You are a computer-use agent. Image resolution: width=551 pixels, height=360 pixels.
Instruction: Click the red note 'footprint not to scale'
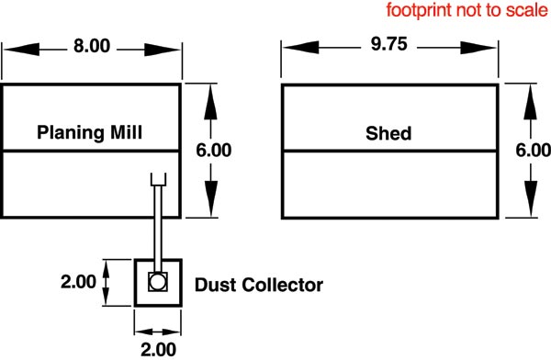pos(467,10)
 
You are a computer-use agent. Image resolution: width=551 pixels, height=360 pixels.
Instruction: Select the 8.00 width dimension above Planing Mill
pos(92,46)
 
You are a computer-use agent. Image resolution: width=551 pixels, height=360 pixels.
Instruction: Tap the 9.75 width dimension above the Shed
pos(389,44)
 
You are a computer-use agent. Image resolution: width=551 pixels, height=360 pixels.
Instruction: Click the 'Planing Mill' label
pos(90,133)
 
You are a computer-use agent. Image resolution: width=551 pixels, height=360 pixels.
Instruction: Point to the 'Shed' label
pos(388,133)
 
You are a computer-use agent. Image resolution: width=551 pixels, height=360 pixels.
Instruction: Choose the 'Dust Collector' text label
pos(259,285)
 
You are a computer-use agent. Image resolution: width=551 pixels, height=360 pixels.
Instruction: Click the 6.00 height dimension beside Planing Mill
pos(214,151)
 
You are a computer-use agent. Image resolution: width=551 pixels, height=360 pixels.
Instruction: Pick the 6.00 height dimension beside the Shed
pos(533,151)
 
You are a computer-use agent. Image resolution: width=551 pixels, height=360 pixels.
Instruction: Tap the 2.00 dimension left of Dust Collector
pos(78,282)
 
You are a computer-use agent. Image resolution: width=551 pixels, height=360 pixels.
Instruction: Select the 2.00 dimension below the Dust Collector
pos(158,350)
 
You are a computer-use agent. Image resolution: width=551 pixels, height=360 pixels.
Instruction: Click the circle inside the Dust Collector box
pos(157,282)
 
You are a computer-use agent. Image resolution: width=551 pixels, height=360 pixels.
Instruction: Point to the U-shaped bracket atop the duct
pos(158,179)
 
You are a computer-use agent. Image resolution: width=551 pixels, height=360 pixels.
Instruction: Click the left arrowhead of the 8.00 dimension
pos(21,50)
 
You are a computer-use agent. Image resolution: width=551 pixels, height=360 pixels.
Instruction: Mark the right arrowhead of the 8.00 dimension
pos(163,50)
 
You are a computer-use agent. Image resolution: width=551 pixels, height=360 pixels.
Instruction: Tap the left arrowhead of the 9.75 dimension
pos(301,48)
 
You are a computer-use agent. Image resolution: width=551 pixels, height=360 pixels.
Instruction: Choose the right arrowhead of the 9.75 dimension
pos(478,48)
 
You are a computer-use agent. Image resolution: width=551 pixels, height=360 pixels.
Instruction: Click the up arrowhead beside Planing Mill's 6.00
pos(210,102)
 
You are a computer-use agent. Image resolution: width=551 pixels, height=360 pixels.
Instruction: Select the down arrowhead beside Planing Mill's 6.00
pos(211,198)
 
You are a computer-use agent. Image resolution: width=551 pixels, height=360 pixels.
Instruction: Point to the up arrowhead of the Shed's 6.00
pos(530,102)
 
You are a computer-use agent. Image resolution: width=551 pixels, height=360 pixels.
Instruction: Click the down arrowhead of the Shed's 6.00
pos(531,198)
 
